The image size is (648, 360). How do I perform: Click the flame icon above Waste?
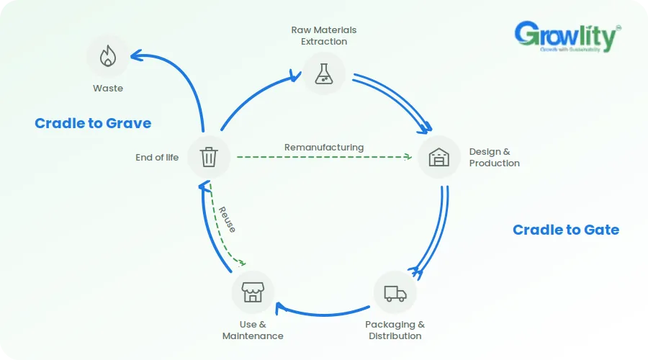108,55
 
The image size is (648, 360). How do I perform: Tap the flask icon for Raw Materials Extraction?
323,74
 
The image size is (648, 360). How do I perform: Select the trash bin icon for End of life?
209,157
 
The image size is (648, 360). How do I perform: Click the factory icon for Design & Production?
439,157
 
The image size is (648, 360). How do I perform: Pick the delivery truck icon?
395,293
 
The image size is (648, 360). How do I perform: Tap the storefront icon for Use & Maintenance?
253,292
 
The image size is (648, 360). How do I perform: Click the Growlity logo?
567,37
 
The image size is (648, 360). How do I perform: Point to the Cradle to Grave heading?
93,123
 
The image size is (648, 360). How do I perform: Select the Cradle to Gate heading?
566,230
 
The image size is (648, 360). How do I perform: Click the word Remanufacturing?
324,148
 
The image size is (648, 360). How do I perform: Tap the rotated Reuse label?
227,220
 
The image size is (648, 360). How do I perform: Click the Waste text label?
108,88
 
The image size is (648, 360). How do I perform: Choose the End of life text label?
157,158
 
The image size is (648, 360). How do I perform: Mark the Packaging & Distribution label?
395,330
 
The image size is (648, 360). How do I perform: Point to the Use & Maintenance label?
253,330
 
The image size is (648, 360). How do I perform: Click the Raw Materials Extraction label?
324,35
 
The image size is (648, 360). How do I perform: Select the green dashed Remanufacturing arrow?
325,157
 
